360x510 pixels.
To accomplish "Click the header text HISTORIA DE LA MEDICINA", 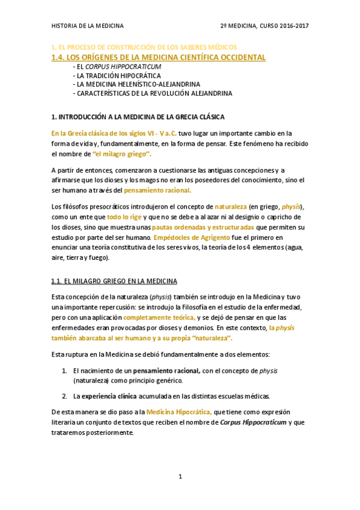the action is (88, 26).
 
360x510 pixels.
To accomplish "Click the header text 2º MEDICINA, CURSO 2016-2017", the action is (264, 26).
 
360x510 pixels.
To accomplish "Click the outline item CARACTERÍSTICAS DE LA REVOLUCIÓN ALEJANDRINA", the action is (152, 94).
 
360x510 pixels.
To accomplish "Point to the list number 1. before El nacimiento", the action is (64, 370).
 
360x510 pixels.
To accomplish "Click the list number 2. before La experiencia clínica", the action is (64, 396).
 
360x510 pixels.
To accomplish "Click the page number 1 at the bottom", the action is (180, 476).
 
